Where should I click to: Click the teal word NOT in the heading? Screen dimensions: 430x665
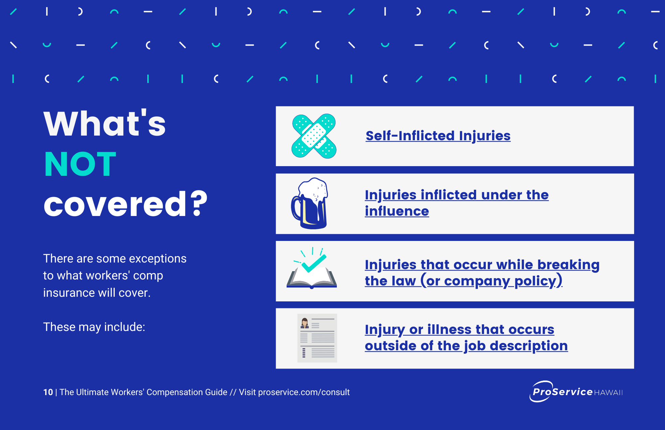[x=80, y=164]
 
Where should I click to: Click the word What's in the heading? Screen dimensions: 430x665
[x=104, y=124]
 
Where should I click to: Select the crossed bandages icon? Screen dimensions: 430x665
[x=314, y=136]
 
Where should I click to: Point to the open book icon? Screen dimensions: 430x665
[x=312, y=277]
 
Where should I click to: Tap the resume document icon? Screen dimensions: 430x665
[x=317, y=338]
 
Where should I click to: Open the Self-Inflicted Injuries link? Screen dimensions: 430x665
[x=438, y=136]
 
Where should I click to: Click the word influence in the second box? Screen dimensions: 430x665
[x=397, y=211]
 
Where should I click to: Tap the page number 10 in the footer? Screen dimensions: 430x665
[x=48, y=392]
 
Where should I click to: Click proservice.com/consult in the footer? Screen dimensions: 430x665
[x=304, y=392]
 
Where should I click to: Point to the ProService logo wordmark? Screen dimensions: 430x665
[x=562, y=392]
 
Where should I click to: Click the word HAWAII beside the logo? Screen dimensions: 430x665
[x=608, y=393]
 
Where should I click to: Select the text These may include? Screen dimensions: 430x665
[x=94, y=327]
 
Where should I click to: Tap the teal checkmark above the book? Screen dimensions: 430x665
[x=314, y=264]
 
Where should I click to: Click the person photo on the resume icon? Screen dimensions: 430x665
[x=305, y=323]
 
